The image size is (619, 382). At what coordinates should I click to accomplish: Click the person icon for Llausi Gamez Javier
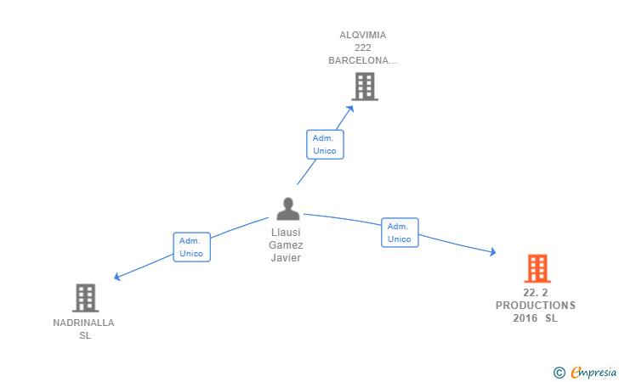[288, 209]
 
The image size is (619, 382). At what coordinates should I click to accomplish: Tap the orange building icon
[537, 268]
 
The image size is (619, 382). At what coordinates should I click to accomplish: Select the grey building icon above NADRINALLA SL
[85, 298]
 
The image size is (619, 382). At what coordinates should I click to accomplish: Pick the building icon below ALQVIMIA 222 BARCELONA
[365, 87]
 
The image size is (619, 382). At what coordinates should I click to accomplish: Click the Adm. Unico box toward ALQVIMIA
[326, 144]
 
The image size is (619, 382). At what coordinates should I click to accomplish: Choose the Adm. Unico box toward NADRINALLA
[192, 247]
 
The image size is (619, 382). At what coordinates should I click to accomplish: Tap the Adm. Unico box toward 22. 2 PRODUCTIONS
[400, 233]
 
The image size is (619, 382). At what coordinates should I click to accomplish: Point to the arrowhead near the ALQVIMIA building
[350, 109]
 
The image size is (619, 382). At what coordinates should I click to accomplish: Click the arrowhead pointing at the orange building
[492, 251]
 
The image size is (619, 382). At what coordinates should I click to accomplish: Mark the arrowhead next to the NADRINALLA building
[116, 277]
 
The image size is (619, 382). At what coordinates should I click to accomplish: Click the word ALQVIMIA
[363, 35]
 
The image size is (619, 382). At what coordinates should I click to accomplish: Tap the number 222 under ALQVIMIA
[363, 48]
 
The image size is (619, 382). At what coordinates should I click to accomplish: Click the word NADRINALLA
[83, 323]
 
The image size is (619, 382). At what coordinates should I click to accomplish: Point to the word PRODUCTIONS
[536, 306]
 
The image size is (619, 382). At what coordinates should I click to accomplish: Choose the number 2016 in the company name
[525, 318]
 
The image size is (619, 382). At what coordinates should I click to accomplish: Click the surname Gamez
[286, 245]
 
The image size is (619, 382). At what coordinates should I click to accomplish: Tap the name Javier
[286, 258]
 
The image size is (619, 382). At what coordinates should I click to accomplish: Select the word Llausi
[286, 233]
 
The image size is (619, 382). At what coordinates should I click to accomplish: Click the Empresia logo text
[593, 372]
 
